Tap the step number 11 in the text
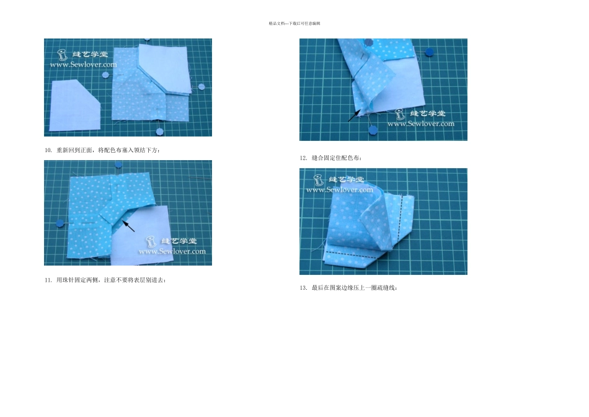pos(47,280)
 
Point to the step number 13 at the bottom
pos(303,288)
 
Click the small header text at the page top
pos(294,24)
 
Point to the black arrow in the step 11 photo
pos(354,114)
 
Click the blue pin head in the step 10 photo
pos(60,222)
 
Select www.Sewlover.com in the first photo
pos(82,64)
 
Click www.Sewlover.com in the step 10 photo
pos(172,251)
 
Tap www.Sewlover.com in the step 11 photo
pos(420,123)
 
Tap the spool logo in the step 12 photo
pos(319,181)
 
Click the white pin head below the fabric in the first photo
pos(159,131)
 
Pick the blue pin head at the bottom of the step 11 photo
pos(373,130)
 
